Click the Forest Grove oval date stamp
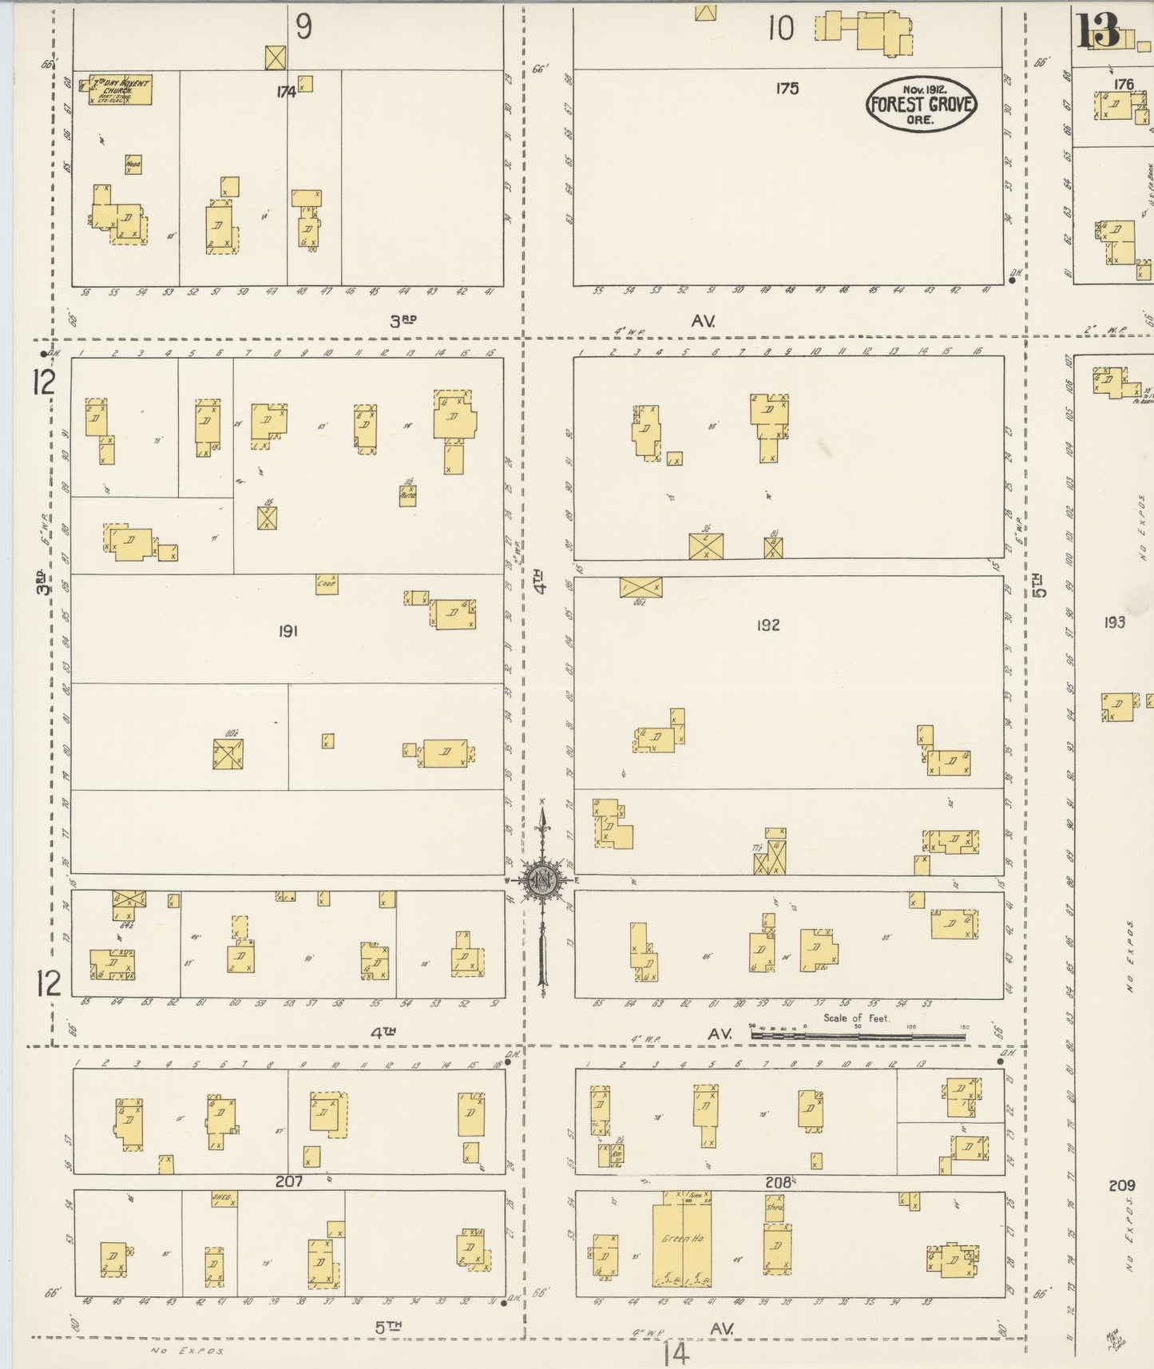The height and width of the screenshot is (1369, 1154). point(922,104)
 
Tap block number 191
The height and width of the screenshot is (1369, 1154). point(288,631)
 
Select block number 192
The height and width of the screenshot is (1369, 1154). point(767,625)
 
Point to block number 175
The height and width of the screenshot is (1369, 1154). point(787,88)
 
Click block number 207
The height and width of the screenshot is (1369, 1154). point(288,1181)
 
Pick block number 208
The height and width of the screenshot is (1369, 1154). point(777,1181)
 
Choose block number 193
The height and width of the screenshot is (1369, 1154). point(1114,621)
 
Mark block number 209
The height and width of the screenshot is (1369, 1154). point(1121,1185)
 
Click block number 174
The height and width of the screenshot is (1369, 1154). point(286,92)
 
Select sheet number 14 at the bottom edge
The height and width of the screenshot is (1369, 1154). point(675,1353)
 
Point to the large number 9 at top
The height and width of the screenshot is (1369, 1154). point(303,27)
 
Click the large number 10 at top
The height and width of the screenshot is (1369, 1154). point(781,30)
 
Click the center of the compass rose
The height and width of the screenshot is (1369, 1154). point(542,880)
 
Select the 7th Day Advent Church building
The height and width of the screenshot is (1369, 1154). point(120,89)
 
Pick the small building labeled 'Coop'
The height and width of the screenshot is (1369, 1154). point(326,584)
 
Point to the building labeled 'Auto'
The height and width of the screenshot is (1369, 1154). point(407,496)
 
